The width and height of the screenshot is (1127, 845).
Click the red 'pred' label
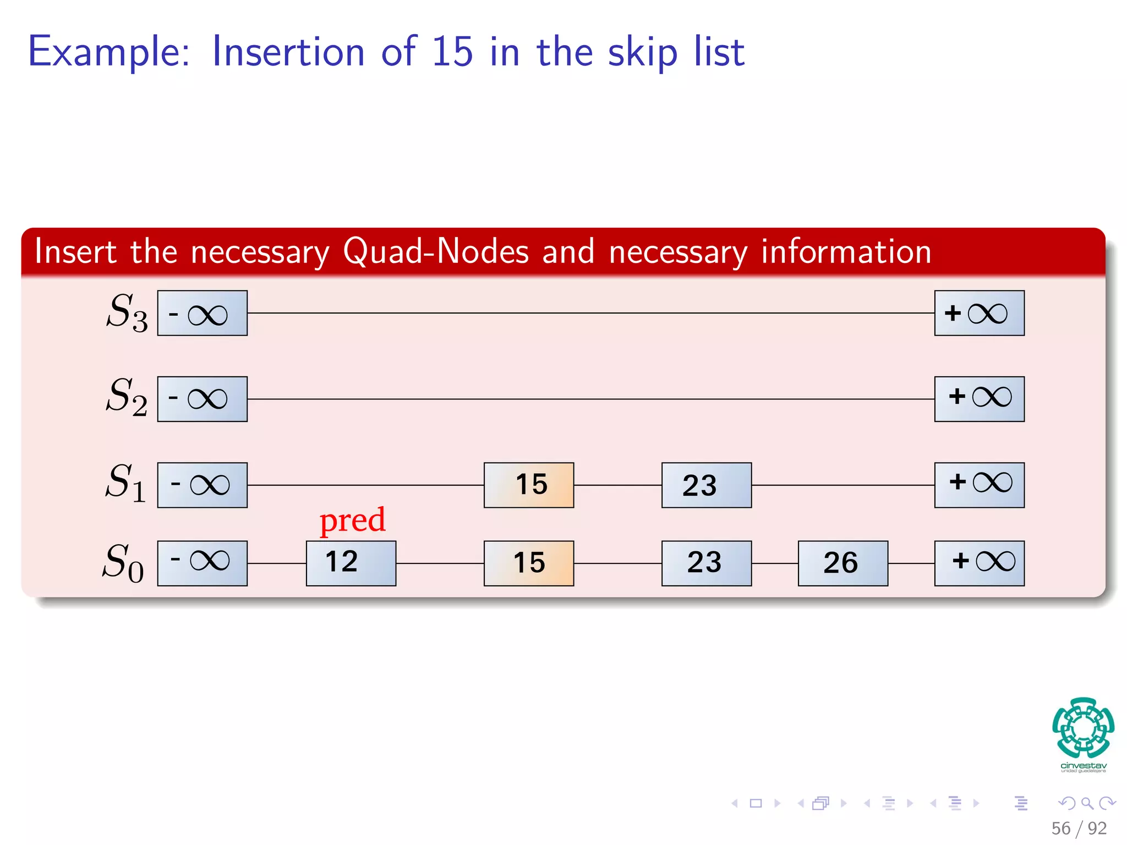coord(352,520)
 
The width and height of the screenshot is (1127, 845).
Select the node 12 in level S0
coord(351,563)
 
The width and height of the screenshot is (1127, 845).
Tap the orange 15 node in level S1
coord(528,485)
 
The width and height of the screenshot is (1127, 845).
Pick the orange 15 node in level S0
coord(528,563)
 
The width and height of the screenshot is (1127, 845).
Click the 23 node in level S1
coord(706,485)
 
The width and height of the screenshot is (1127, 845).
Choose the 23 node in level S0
coord(706,563)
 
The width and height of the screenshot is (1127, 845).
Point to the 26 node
coord(842,563)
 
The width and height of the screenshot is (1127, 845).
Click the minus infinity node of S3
coord(202,313)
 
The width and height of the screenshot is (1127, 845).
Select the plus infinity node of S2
coord(979,399)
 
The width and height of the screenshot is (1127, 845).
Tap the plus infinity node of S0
coord(979,563)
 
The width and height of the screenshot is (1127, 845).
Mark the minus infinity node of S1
coord(202,485)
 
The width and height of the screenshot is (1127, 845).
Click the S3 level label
coord(127,312)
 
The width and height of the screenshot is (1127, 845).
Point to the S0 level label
coord(123,563)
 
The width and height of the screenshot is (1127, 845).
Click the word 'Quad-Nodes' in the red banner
coord(435,251)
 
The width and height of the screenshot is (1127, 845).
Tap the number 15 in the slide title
coord(451,52)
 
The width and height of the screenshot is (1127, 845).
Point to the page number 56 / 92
coord(1079,828)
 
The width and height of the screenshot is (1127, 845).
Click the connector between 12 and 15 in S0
coord(440,563)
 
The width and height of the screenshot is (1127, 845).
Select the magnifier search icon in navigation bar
coord(1087,803)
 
